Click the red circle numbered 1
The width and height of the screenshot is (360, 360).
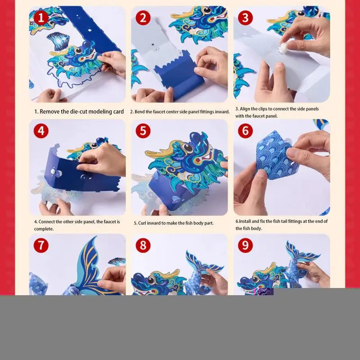coord(41,18)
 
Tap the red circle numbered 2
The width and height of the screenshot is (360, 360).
coord(143,18)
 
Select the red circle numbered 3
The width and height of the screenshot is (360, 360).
coord(245,18)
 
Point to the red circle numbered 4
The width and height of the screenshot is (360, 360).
coord(41,131)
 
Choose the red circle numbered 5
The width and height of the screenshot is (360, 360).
coord(143,131)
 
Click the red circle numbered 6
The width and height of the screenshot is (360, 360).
coord(245,131)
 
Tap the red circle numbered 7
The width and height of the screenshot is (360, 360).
coord(41,245)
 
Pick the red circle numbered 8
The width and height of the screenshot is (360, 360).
coord(143,245)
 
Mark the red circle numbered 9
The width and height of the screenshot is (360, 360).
coord(245,245)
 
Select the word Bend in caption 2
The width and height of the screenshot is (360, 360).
coord(139,112)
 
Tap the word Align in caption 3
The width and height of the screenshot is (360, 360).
coord(245,109)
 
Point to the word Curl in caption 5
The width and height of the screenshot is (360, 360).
coord(142,223)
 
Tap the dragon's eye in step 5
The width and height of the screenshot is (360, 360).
coord(188,148)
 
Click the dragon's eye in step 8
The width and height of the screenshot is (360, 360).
coord(151,280)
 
